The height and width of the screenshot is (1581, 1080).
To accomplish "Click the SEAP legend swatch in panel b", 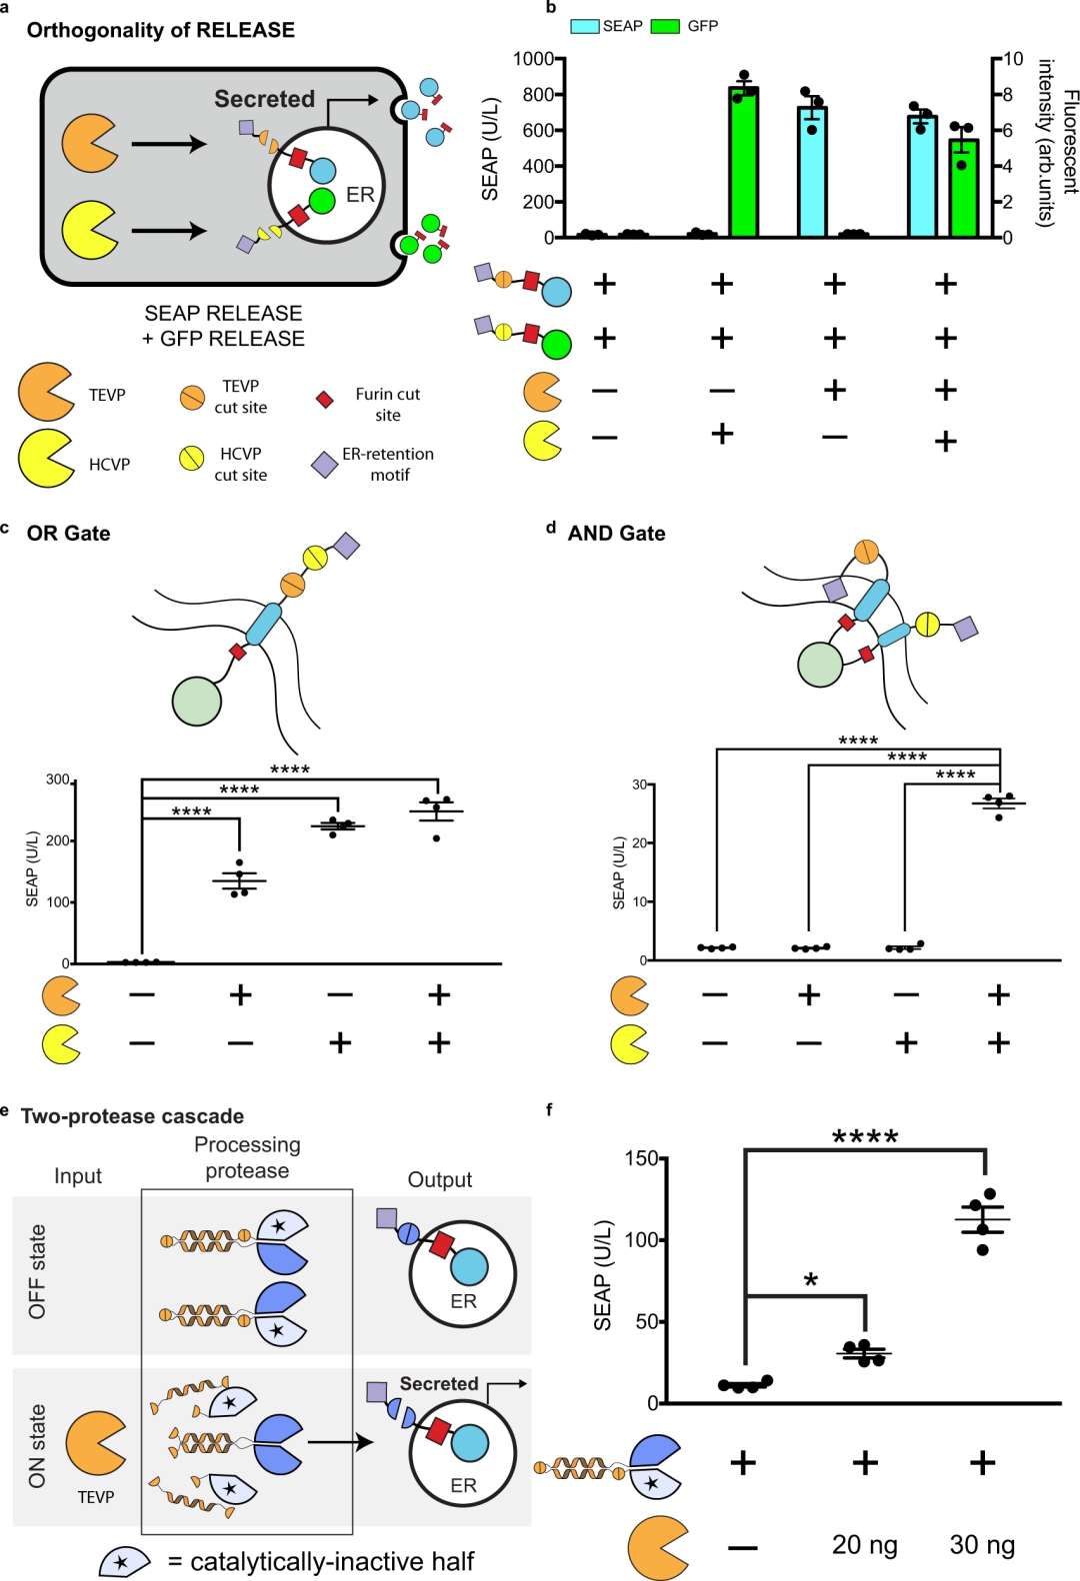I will point(585,26).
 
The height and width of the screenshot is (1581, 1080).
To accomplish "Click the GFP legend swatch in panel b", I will point(665,26).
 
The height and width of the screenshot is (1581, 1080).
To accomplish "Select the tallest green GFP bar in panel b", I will point(743,162).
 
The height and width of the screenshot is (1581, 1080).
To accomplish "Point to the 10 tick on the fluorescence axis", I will point(1013,59).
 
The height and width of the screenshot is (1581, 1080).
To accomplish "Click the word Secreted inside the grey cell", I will point(264,99).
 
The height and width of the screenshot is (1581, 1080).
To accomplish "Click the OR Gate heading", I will point(68,534).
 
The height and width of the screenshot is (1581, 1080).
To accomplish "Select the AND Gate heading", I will point(616,534).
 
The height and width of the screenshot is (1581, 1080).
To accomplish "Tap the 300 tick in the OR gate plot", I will point(58,780).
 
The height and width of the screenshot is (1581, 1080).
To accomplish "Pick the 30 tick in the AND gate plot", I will point(638,785).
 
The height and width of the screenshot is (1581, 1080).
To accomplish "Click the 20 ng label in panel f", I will point(864,1545).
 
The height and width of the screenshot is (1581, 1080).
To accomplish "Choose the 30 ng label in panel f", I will point(982,1545).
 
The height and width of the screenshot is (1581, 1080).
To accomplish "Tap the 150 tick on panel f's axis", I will point(641,1158).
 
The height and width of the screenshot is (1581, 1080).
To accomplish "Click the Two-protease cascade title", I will point(132,1116).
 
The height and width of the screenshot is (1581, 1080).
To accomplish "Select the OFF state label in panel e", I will point(37,1271).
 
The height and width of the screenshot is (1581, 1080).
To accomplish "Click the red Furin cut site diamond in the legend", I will point(324,400).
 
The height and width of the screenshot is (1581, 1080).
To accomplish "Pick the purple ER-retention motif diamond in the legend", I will point(324,464).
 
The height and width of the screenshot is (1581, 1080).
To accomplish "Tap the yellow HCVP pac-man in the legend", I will point(45,459).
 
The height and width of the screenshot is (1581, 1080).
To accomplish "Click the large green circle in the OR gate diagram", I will point(196,701).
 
